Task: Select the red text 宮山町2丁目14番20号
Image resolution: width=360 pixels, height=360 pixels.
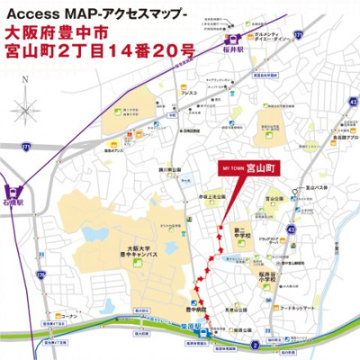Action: [x=98, y=55]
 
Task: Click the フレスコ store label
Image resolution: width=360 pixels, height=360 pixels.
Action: [x=188, y=94]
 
